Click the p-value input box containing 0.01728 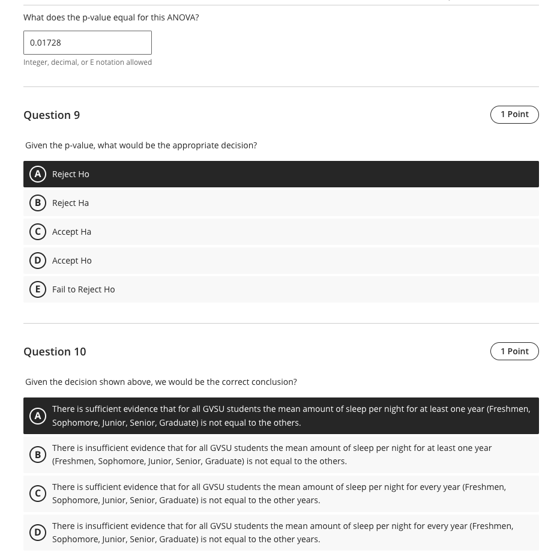[88, 43]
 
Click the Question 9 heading [52, 115]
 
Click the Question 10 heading [55, 351]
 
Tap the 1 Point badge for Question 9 [514, 114]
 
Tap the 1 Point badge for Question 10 [514, 351]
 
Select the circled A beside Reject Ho [38, 174]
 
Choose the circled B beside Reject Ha [38, 203]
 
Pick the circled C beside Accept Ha [38, 232]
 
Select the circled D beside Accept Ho [38, 261]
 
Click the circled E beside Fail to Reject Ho [38, 289]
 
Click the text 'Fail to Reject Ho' [83, 289]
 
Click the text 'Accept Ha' [71, 232]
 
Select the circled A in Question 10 [38, 415]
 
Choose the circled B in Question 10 [38, 455]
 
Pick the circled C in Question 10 [38, 494]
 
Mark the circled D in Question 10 [38, 533]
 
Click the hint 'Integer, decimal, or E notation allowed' [88, 62]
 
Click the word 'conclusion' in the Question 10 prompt [274, 382]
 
